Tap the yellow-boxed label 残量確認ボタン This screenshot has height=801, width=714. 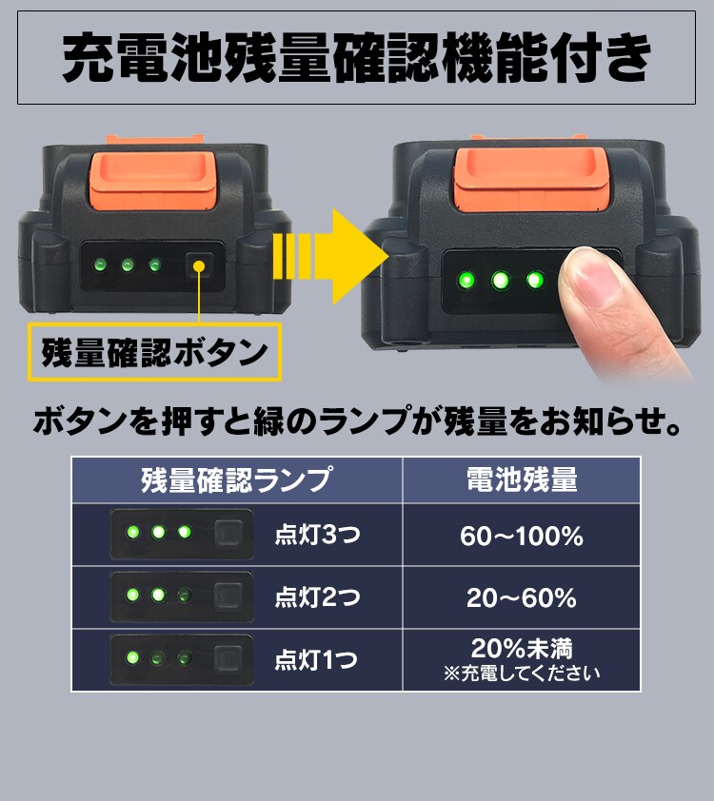click(x=154, y=353)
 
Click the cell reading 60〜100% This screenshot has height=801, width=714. click(x=521, y=537)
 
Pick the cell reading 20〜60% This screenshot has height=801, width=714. click(x=521, y=598)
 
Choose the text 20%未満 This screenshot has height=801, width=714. click(x=521, y=650)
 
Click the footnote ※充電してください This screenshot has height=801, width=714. click(x=521, y=674)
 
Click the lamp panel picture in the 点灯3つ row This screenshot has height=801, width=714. click(x=181, y=534)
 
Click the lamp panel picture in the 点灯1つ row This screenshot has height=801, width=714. click(x=181, y=658)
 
